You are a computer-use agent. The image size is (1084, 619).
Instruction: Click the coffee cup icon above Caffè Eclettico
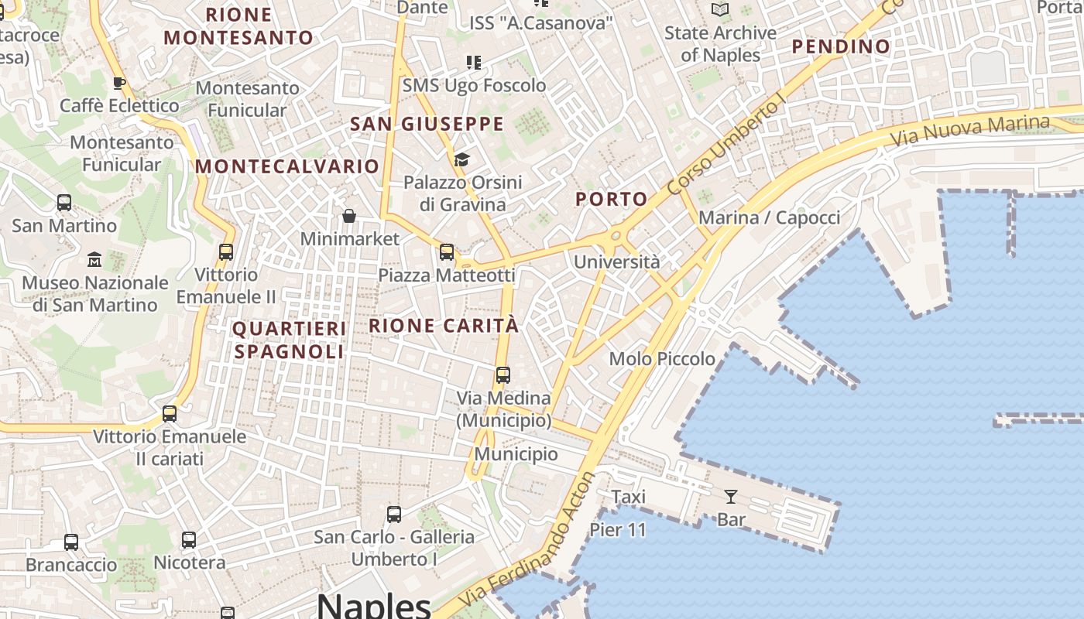[119, 83]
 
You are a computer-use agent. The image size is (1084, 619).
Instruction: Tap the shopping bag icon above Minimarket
[349, 216]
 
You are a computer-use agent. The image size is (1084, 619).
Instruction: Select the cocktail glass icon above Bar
[730, 497]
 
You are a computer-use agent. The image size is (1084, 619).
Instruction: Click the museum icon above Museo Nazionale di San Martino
[94, 259]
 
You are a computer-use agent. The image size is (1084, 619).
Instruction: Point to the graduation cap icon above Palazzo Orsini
[462, 160]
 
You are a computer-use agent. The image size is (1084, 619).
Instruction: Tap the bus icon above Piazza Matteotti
[446, 252]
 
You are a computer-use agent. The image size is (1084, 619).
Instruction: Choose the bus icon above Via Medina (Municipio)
[503, 375]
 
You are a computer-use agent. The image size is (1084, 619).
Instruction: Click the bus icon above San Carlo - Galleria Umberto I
[394, 514]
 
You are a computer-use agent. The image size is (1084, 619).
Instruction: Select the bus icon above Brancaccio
[71, 542]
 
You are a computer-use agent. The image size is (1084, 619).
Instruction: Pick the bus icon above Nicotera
[189, 540]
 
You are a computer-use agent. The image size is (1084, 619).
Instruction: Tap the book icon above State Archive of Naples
[720, 10]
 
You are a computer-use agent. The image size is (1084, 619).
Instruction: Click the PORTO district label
[611, 199]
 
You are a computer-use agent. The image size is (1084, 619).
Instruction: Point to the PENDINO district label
[841, 46]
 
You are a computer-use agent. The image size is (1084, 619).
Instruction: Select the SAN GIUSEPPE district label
[427, 124]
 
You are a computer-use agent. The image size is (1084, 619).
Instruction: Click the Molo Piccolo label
[662, 358]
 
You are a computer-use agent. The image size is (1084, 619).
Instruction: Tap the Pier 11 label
[617, 530]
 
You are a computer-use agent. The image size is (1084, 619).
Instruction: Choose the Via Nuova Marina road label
[969, 132]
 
